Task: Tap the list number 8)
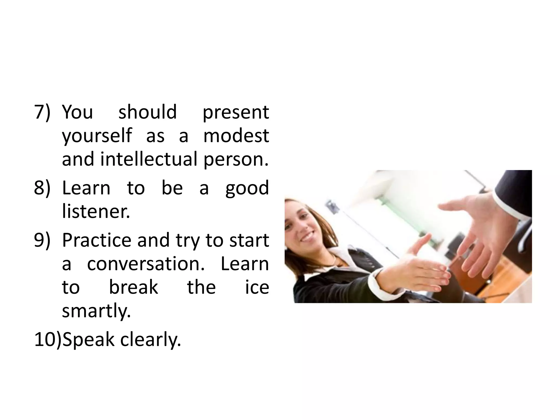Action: point(42,188)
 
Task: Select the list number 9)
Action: point(42,240)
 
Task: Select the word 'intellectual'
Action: point(148,159)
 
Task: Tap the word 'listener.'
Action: point(96,211)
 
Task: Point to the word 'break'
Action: point(133,287)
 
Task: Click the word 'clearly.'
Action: point(151,340)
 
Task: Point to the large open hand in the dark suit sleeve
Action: point(481,232)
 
